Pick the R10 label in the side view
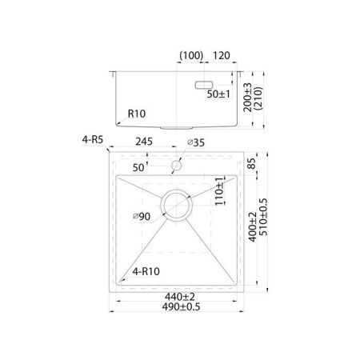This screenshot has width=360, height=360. (x=136, y=114)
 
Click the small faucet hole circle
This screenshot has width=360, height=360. (x=176, y=165)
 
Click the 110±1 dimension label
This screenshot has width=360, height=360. (x=217, y=193)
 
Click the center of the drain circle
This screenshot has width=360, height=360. (x=176, y=206)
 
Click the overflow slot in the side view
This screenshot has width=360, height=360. (x=204, y=84)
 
